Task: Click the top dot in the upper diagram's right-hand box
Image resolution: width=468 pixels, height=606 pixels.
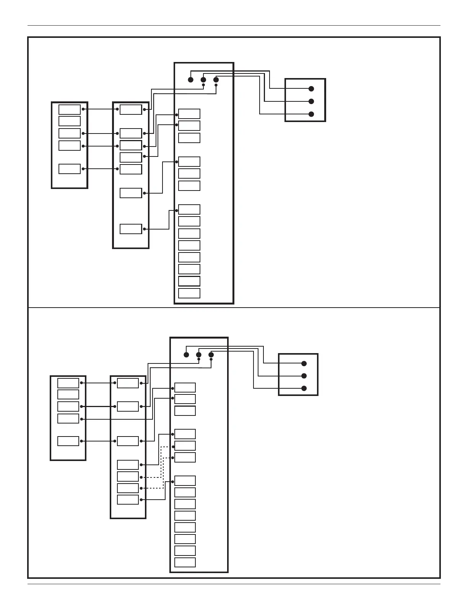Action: click(x=311, y=89)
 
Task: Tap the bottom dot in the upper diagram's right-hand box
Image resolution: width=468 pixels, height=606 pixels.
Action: click(x=311, y=114)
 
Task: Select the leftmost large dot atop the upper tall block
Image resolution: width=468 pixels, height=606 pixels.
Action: click(x=191, y=80)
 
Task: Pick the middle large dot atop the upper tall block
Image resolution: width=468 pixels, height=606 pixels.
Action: click(x=203, y=80)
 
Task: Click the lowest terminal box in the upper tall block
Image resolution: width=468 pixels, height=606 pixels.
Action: click(x=189, y=293)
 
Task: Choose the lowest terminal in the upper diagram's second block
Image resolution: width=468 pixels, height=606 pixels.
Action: click(x=131, y=229)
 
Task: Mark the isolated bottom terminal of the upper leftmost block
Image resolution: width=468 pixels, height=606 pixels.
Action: click(x=70, y=169)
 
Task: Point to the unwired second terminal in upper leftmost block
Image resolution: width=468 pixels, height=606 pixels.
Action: click(x=70, y=121)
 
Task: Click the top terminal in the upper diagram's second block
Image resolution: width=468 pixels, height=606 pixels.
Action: click(x=131, y=109)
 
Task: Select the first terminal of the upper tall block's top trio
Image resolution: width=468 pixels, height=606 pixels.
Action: click(x=189, y=114)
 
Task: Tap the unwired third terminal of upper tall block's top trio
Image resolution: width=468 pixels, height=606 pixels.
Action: click(x=189, y=138)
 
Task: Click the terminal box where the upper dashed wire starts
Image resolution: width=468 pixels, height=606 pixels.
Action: click(x=128, y=477)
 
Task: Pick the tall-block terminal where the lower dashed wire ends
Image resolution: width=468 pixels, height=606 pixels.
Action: click(x=185, y=458)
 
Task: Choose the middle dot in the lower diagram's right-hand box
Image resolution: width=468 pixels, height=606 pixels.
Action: click(x=304, y=376)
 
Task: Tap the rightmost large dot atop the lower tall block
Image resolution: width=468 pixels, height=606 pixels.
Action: click(x=211, y=355)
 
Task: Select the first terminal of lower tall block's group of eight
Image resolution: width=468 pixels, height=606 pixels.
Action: click(x=185, y=481)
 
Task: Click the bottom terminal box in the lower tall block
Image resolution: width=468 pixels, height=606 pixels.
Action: click(x=185, y=562)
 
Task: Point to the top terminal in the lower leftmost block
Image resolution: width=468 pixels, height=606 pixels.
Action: click(x=68, y=383)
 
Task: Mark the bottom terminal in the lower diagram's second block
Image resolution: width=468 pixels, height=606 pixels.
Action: click(x=128, y=500)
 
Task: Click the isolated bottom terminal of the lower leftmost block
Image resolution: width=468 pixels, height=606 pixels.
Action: click(x=68, y=441)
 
